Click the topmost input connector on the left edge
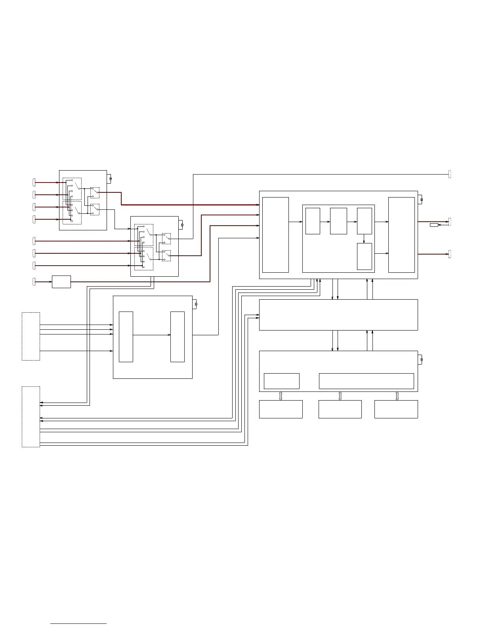[34, 182]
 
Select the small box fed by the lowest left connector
[61, 282]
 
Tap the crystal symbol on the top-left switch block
[111, 179]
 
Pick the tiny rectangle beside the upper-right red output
[434, 225]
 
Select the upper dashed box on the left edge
[31, 336]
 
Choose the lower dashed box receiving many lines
[31, 417]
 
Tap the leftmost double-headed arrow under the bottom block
[281, 396]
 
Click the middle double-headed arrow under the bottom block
[340, 396]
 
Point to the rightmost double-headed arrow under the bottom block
[397, 396]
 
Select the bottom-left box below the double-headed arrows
[281, 409]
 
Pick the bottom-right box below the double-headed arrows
[396, 409]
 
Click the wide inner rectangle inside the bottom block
[366, 381]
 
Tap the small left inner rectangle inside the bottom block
[281, 381]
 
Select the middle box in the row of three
[338, 221]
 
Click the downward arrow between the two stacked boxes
[364, 239]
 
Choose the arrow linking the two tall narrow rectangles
[152, 335]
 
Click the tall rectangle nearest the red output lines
[401, 235]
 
